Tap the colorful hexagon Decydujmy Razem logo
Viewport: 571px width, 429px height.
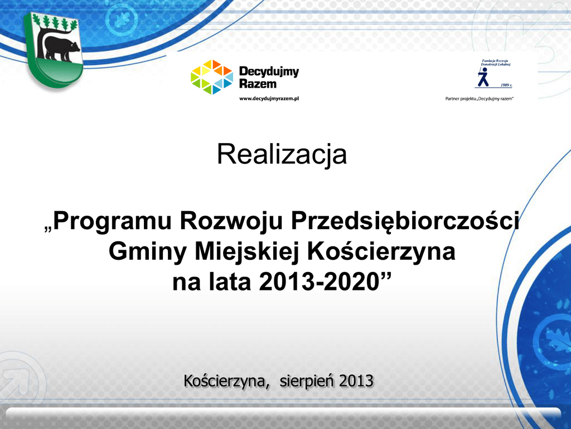(x=211, y=77)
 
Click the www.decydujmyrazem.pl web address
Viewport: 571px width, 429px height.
(x=269, y=98)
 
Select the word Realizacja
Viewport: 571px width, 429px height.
(x=282, y=155)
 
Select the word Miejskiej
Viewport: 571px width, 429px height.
(x=246, y=252)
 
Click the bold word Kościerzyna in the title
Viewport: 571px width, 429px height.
(x=381, y=252)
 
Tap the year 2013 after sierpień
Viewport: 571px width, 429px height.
(x=356, y=381)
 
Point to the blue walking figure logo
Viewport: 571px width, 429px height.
(x=483, y=77)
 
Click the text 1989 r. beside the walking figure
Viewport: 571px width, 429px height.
(x=506, y=85)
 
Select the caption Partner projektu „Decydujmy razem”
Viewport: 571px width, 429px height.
(x=479, y=98)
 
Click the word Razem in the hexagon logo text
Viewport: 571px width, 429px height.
(x=258, y=84)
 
